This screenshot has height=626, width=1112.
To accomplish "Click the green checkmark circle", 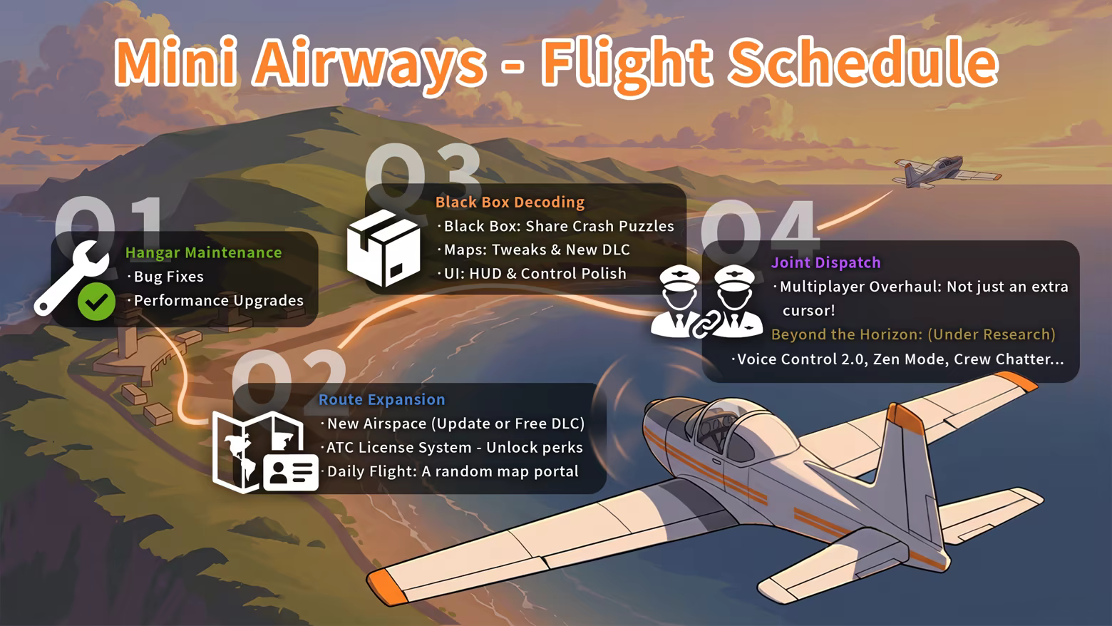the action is point(96,302).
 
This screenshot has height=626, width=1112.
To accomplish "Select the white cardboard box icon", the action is point(383,247).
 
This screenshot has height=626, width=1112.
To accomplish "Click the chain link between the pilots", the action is point(706,324).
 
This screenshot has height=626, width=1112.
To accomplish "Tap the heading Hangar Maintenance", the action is point(204,252).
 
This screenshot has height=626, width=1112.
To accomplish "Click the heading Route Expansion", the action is point(382,399).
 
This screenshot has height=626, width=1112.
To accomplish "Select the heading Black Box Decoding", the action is point(510,202).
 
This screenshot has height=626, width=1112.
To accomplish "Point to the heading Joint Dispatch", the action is point(825,262).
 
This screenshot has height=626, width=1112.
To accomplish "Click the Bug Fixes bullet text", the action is point(169,277).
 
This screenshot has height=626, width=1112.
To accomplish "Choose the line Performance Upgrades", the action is point(218,301).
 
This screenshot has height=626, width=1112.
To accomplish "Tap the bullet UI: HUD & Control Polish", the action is point(535,274).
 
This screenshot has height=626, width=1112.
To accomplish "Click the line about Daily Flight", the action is point(453,471).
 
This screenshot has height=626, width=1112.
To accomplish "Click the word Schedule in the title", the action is point(863,63).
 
